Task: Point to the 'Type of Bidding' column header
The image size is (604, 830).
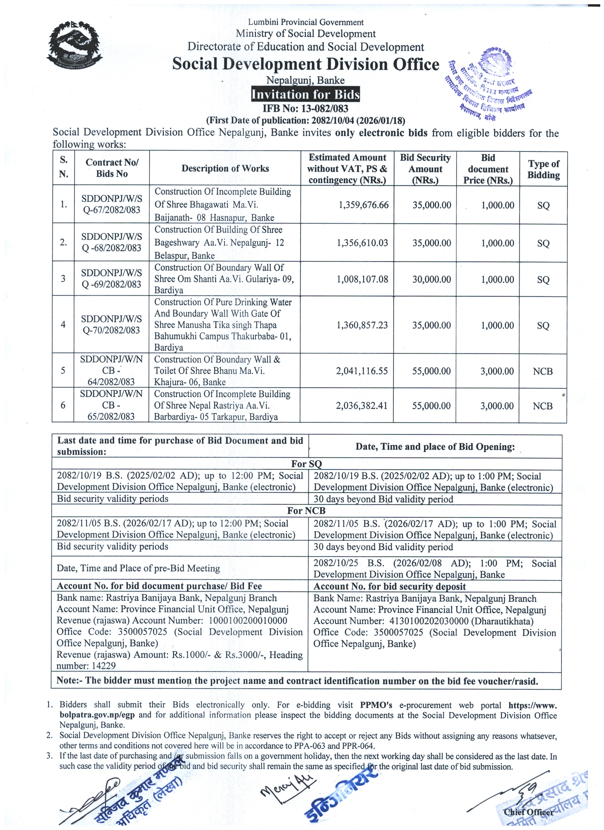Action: pyautogui.click(x=543, y=169)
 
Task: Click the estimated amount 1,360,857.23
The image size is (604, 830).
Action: pyautogui.click(x=362, y=325)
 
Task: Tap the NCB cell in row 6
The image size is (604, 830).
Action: pyautogui.click(x=542, y=406)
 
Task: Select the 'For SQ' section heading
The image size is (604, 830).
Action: pyautogui.click(x=306, y=464)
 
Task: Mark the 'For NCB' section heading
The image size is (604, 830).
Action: pyautogui.click(x=306, y=511)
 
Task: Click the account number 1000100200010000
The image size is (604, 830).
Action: pyautogui.click(x=248, y=620)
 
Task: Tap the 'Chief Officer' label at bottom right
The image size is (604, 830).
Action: pyautogui.click(x=528, y=812)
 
